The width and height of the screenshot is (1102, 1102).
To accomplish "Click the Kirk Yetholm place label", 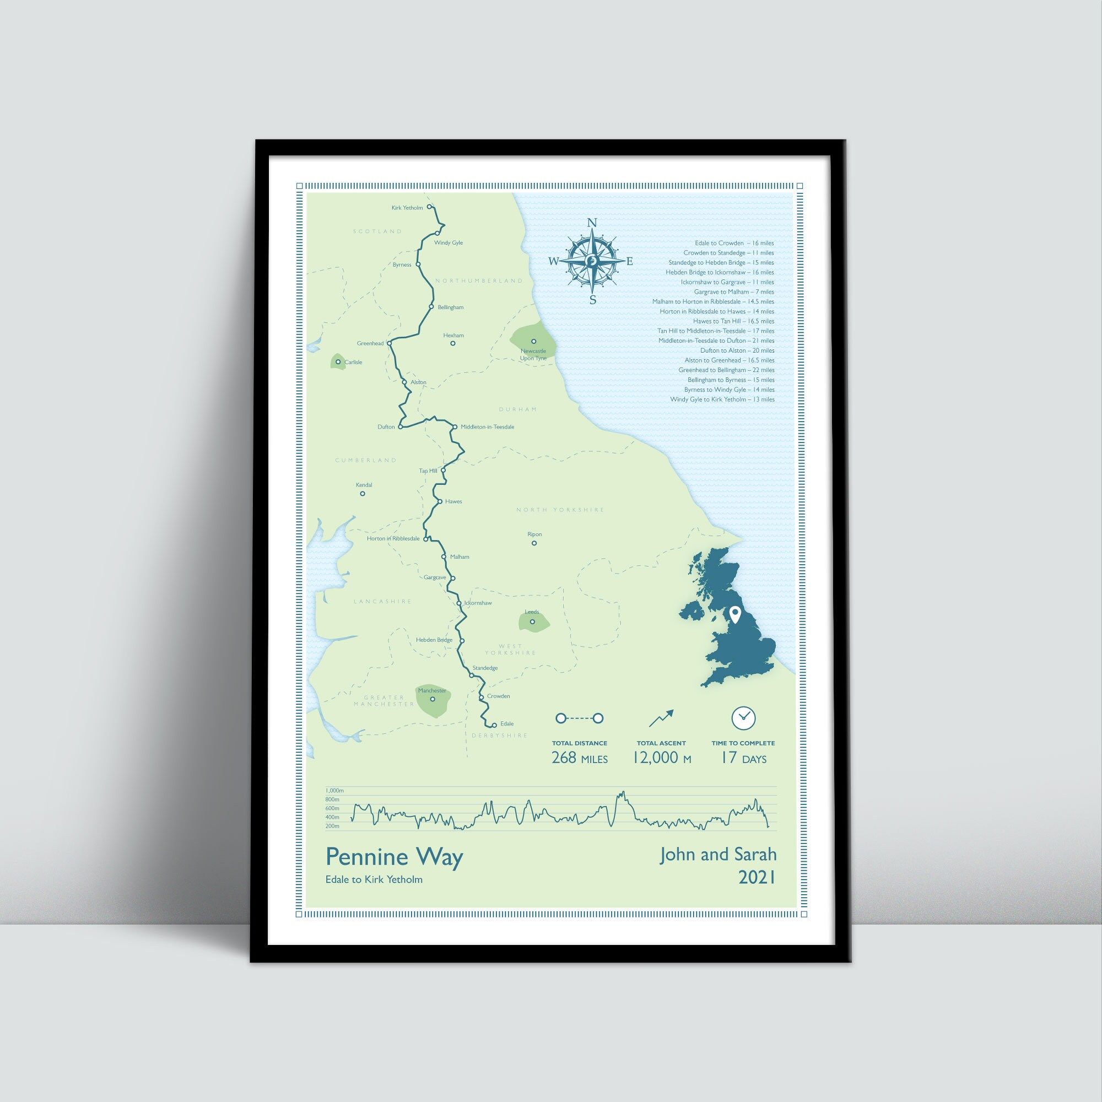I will click(407, 208).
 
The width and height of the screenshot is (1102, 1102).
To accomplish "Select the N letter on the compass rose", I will click(592, 223).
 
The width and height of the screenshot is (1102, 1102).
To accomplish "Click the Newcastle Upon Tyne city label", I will click(533, 355).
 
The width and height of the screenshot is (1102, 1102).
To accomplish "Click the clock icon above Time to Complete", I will click(743, 718).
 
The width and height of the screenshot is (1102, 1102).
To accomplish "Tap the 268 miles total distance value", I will click(580, 758).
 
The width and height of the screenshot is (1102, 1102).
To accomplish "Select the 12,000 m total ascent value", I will click(662, 758).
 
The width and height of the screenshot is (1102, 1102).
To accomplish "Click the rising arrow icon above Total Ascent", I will click(661, 718).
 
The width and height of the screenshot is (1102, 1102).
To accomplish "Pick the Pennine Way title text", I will click(394, 857).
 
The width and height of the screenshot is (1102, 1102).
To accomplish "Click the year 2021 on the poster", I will click(757, 877).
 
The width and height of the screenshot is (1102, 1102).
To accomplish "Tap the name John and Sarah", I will click(718, 855).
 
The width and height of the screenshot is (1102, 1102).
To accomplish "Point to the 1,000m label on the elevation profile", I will click(334, 791).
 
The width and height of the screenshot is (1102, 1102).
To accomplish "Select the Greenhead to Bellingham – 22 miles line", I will click(726, 370).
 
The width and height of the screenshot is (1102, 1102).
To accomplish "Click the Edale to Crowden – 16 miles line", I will click(734, 243).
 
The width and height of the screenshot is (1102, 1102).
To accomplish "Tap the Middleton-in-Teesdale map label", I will click(487, 426).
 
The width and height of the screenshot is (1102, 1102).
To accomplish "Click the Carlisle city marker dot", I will click(338, 361).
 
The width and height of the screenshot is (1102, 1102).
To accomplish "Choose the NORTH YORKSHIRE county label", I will click(560, 509).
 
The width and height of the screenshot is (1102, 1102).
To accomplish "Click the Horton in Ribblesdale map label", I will click(393, 538).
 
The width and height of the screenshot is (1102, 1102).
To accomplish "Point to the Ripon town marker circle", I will click(534, 543).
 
